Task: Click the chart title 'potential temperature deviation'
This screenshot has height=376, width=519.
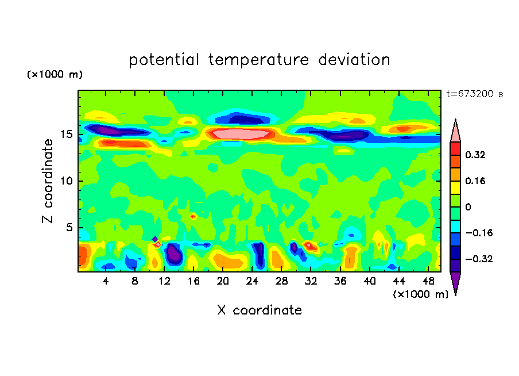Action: pos(259,60)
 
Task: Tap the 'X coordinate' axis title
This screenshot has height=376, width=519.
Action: pos(259,310)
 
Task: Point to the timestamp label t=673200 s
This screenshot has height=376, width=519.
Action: pos(475,94)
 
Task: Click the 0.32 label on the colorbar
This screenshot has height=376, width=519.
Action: pos(476,155)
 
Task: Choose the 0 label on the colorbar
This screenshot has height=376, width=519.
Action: pos(468,207)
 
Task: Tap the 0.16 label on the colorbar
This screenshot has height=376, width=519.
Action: pos(476,181)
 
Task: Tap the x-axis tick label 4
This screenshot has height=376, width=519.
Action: pos(106,281)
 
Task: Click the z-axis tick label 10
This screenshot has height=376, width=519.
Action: pos(65,181)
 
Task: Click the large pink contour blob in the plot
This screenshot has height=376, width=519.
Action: pos(241,134)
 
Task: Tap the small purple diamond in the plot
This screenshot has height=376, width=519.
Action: pos(155,239)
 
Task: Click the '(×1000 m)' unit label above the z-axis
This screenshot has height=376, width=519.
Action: pos(55,75)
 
